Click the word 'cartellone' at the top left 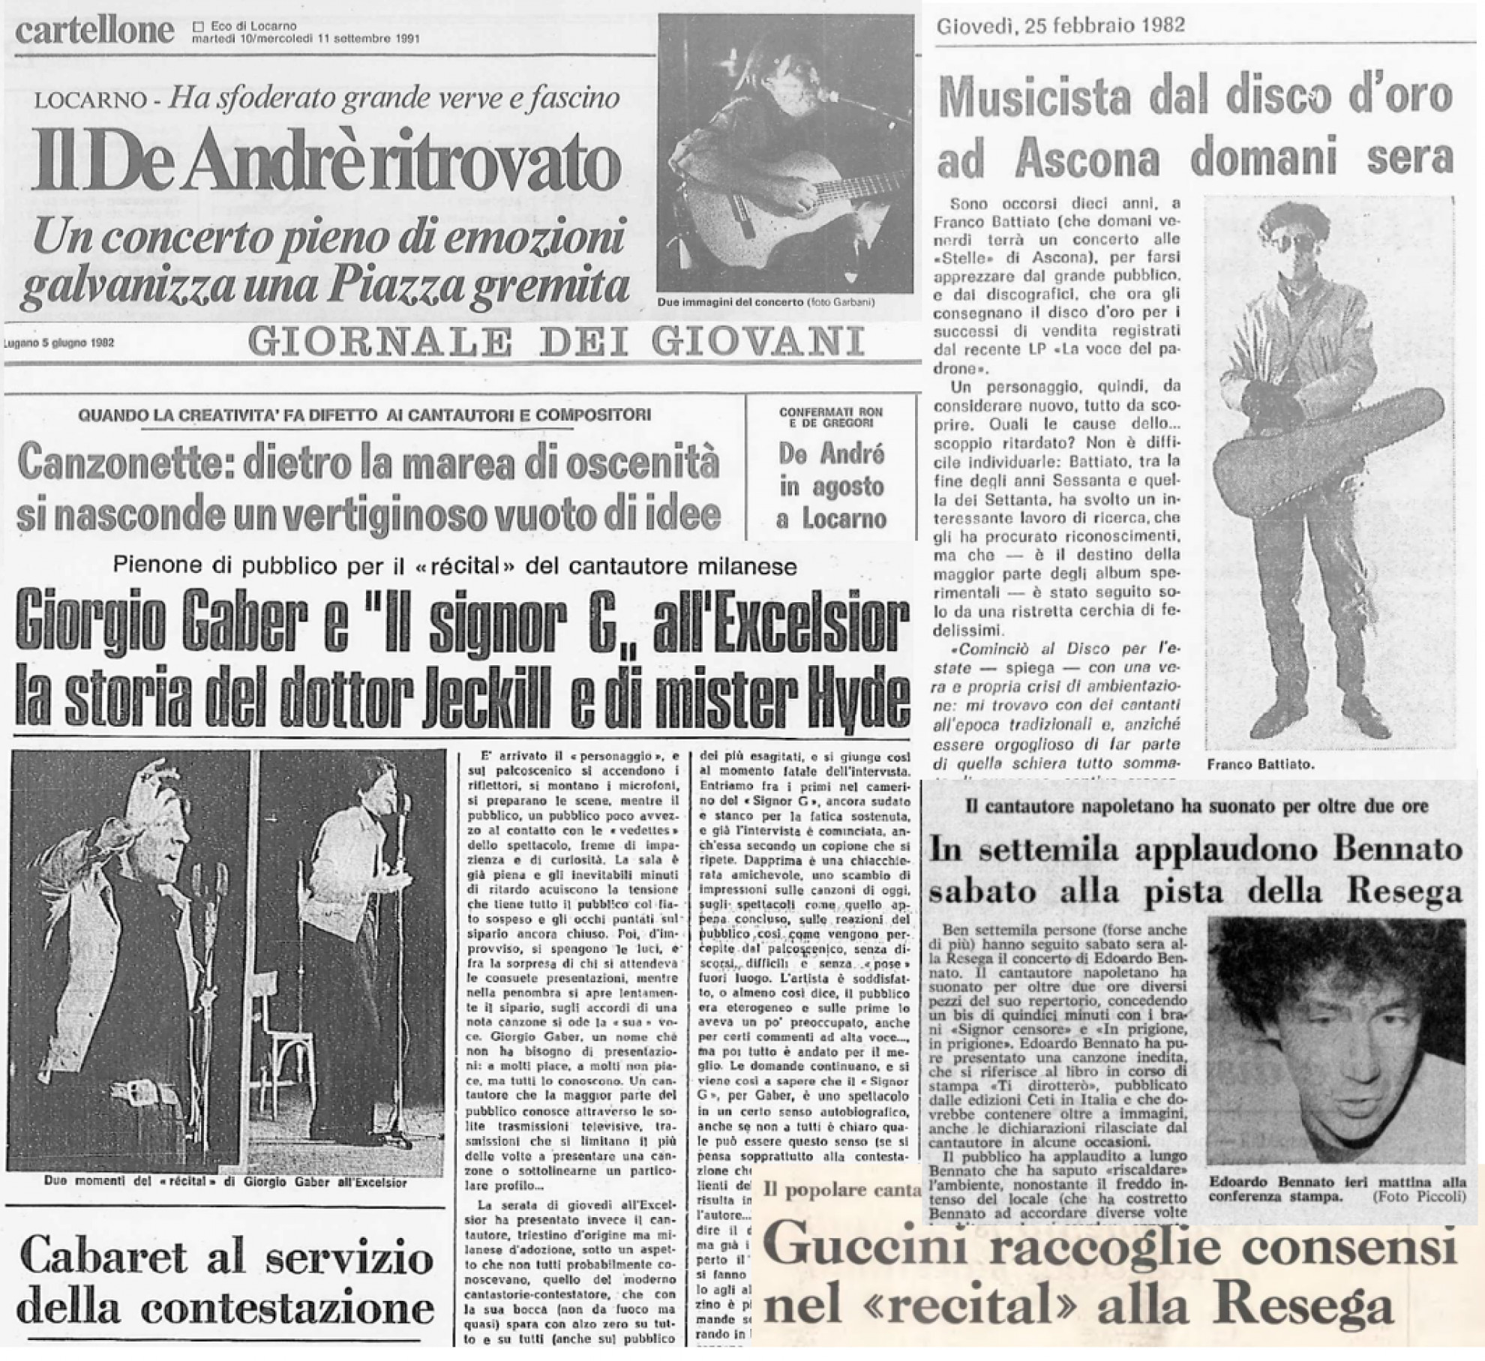tap(94, 31)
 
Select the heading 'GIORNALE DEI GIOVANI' tap(555, 342)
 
